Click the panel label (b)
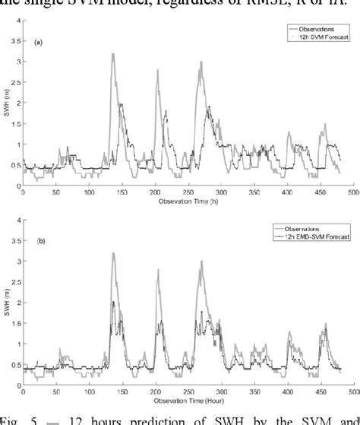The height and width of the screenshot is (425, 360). pos(36,240)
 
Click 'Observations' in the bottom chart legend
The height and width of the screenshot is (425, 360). pos(308,229)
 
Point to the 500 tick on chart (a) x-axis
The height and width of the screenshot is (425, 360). pos(352,192)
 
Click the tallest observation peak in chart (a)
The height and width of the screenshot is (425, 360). pos(113,54)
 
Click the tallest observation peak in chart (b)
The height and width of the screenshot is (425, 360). pos(113,253)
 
